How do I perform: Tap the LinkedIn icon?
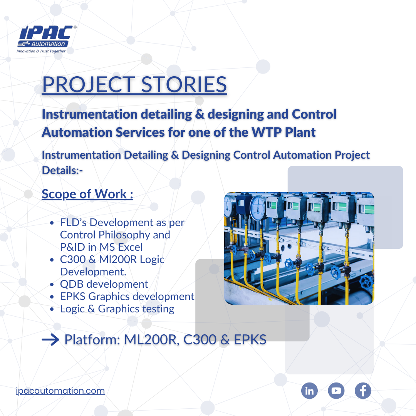(x=309, y=391)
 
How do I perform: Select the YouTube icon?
(x=336, y=391)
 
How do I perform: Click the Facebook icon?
(x=363, y=391)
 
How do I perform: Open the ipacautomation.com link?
(x=60, y=391)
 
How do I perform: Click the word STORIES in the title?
(x=184, y=84)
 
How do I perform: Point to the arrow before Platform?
(x=50, y=340)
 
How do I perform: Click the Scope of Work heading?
(x=87, y=194)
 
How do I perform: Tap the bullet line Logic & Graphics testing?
(x=117, y=309)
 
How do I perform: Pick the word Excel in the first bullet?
(x=130, y=247)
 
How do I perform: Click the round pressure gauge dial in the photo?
(x=258, y=208)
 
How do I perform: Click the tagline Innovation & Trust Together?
(x=41, y=51)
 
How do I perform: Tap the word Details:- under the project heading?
(x=62, y=170)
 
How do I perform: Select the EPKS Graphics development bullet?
(x=127, y=296)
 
